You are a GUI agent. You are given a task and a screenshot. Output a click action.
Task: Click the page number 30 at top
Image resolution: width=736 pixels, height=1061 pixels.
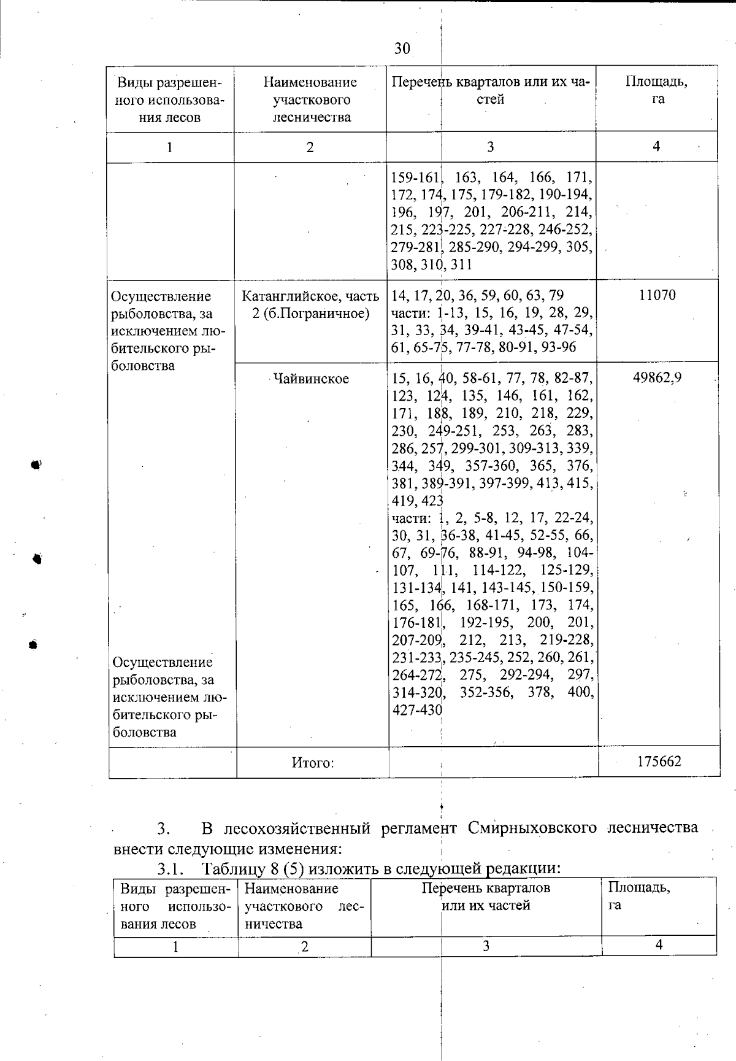(x=402, y=48)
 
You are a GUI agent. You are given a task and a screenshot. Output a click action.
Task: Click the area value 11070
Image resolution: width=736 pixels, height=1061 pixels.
(x=657, y=295)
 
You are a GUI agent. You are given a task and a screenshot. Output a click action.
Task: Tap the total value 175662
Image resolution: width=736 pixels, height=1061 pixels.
(x=659, y=762)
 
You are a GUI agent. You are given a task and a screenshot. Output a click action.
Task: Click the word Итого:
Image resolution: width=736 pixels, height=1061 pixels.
(x=312, y=763)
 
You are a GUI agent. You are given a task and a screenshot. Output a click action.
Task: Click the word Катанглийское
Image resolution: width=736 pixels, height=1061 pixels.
(x=288, y=296)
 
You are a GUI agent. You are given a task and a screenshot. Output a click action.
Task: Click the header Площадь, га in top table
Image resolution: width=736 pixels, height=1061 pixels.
(x=656, y=90)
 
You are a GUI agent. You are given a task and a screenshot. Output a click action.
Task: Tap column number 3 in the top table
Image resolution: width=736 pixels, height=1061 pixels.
(x=490, y=147)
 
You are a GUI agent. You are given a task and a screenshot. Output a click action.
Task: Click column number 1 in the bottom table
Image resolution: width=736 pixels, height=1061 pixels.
(x=175, y=946)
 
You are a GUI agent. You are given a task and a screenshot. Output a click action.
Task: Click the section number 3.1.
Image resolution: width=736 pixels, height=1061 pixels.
(x=171, y=868)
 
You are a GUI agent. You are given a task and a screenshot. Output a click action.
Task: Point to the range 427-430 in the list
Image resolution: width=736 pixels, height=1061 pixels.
(x=416, y=709)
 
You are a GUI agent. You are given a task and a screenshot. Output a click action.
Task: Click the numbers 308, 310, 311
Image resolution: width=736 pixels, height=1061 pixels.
(x=431, y=265)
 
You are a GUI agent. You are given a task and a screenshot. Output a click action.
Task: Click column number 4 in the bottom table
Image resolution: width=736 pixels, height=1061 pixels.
(x=659, y=945)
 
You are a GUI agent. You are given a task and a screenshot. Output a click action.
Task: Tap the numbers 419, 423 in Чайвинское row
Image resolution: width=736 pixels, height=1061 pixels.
(x=417, y=500)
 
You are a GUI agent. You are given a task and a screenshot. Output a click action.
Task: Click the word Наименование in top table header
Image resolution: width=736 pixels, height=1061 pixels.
(x=310, y=82)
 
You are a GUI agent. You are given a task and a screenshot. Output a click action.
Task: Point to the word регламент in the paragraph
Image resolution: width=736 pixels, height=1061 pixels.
(x=419, y=827)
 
